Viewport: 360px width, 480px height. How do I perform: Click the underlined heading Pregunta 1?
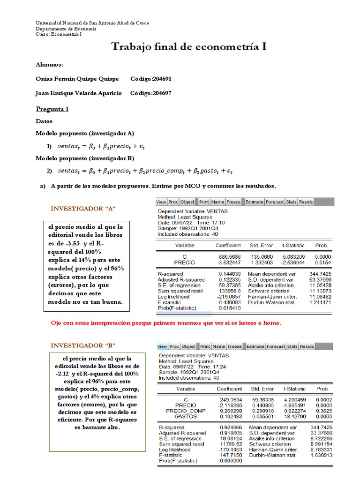point(52,109)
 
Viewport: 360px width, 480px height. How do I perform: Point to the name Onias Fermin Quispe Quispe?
point(77,79)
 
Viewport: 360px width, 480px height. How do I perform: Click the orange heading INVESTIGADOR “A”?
point(83,208)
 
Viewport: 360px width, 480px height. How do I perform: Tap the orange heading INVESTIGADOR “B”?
point(83,345)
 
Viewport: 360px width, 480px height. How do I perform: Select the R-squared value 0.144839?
point(230,273)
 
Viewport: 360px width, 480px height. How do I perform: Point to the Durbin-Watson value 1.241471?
point(321,302)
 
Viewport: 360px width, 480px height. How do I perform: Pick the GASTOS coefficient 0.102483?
point(230,416)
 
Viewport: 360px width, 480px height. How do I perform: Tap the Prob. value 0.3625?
point(322,410)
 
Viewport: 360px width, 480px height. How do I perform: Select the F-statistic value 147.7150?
point(230,455)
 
